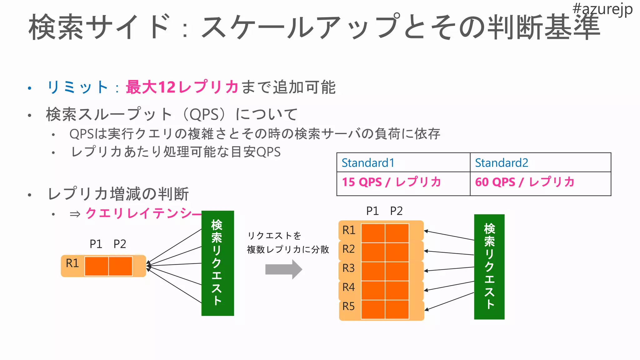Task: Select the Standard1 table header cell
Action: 403,162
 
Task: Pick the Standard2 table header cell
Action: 540,162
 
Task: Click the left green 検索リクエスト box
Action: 217,263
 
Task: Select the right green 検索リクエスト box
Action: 489,267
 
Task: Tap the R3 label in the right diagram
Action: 349,268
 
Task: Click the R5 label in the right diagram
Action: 349,306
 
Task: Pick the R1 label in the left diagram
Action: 72,263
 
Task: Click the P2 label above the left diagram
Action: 120,244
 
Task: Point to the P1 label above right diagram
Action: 372,211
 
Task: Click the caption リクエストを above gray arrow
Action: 274,236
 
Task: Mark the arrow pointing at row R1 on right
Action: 449,235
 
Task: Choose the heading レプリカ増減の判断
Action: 118,194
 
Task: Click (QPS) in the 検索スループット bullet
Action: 204,114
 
